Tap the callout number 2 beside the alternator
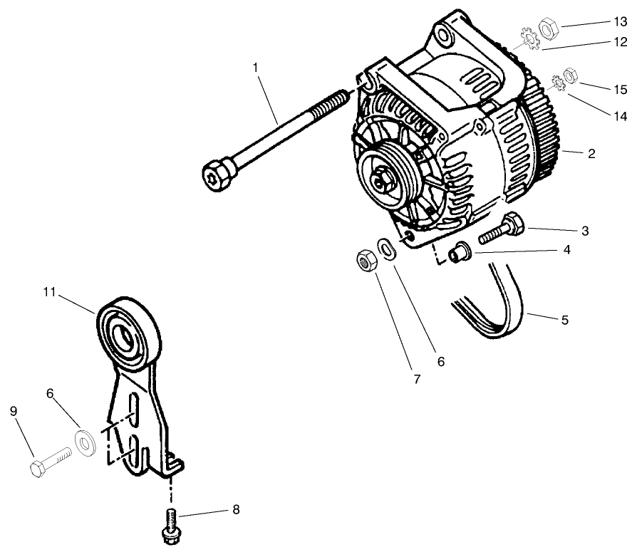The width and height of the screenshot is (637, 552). tap(591, 153)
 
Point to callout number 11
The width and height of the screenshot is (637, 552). tap(49, 292)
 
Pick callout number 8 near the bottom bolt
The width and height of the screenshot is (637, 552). tap(235, 510)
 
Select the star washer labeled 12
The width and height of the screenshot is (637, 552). tap(529, 38)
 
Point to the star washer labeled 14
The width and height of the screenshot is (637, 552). tap(557, 84)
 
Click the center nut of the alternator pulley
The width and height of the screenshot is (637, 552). tap(383, 179)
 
